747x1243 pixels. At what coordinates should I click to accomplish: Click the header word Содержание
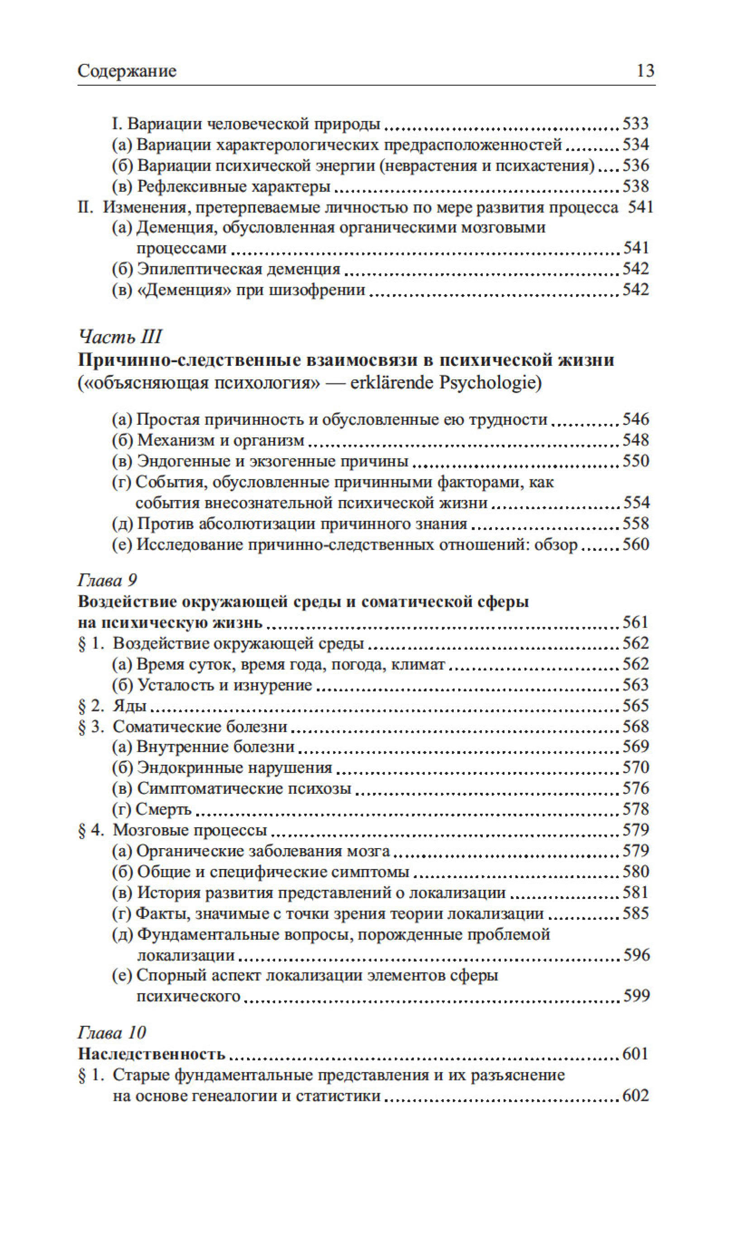point(127,71)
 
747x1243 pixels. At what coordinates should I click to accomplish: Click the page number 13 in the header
point(645,71)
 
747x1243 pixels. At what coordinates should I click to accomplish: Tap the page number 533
point(636,123)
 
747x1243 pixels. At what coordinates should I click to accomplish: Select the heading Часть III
point(120,336)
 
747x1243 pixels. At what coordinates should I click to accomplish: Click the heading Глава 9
point(107,580)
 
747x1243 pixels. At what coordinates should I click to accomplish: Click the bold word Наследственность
point(152,1054)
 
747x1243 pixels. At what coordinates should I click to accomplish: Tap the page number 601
point(636,1053)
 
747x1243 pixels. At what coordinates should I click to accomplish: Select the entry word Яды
point(129,705)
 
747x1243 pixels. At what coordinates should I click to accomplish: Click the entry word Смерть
point(164,809)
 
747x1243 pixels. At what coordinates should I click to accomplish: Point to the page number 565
point(636,705)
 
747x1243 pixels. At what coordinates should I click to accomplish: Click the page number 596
point(637,955)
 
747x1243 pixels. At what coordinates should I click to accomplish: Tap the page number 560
point(636,544)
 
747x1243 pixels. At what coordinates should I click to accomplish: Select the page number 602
point(636,1095)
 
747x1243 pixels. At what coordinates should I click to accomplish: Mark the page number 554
point(637,503)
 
